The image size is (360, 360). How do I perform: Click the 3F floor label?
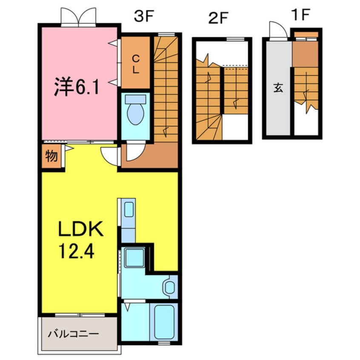point(143,16)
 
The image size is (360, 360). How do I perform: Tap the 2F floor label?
point(218,18)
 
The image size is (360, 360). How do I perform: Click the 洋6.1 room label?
point(77,87)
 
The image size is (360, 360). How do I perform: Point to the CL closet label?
point(136,64)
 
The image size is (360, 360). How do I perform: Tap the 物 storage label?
point(51,156)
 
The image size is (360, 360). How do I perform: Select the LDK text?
point(81,229)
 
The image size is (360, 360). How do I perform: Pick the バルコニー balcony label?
point(73,334)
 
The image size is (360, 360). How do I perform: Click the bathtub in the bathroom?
point(164,322)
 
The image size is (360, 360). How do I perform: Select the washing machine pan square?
point(134,257)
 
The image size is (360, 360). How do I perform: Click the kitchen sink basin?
point(129,209)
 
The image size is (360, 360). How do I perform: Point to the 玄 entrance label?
point(278,88)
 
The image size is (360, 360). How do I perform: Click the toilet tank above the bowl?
point(135,100)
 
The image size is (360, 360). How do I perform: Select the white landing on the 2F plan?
point(235,127)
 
